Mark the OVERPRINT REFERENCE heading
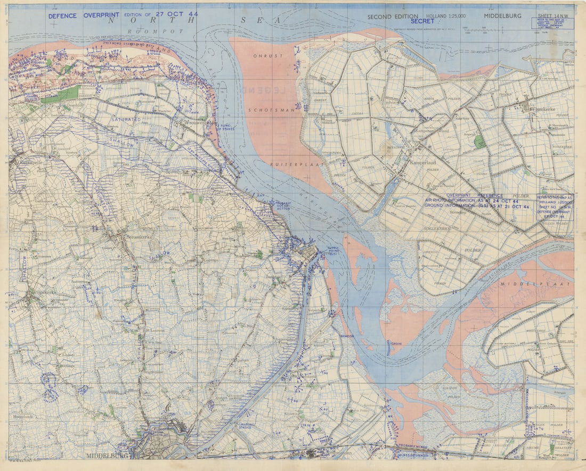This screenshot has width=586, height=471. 474,195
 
